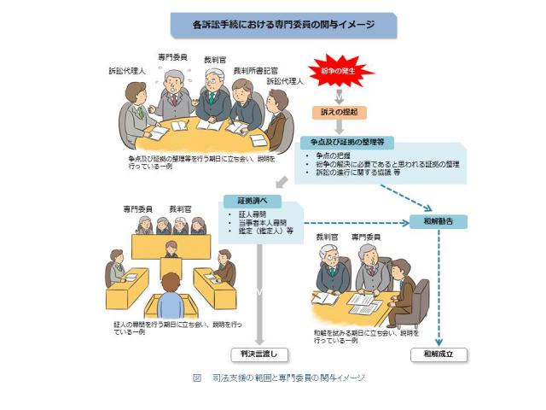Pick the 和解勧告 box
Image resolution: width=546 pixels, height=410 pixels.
[x=438, y=220]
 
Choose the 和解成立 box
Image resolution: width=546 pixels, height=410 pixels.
[x=439, y=353]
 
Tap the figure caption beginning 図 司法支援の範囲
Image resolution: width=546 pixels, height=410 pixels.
[x=282, y=377]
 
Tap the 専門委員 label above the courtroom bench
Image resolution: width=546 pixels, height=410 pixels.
[x=137, y=208]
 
